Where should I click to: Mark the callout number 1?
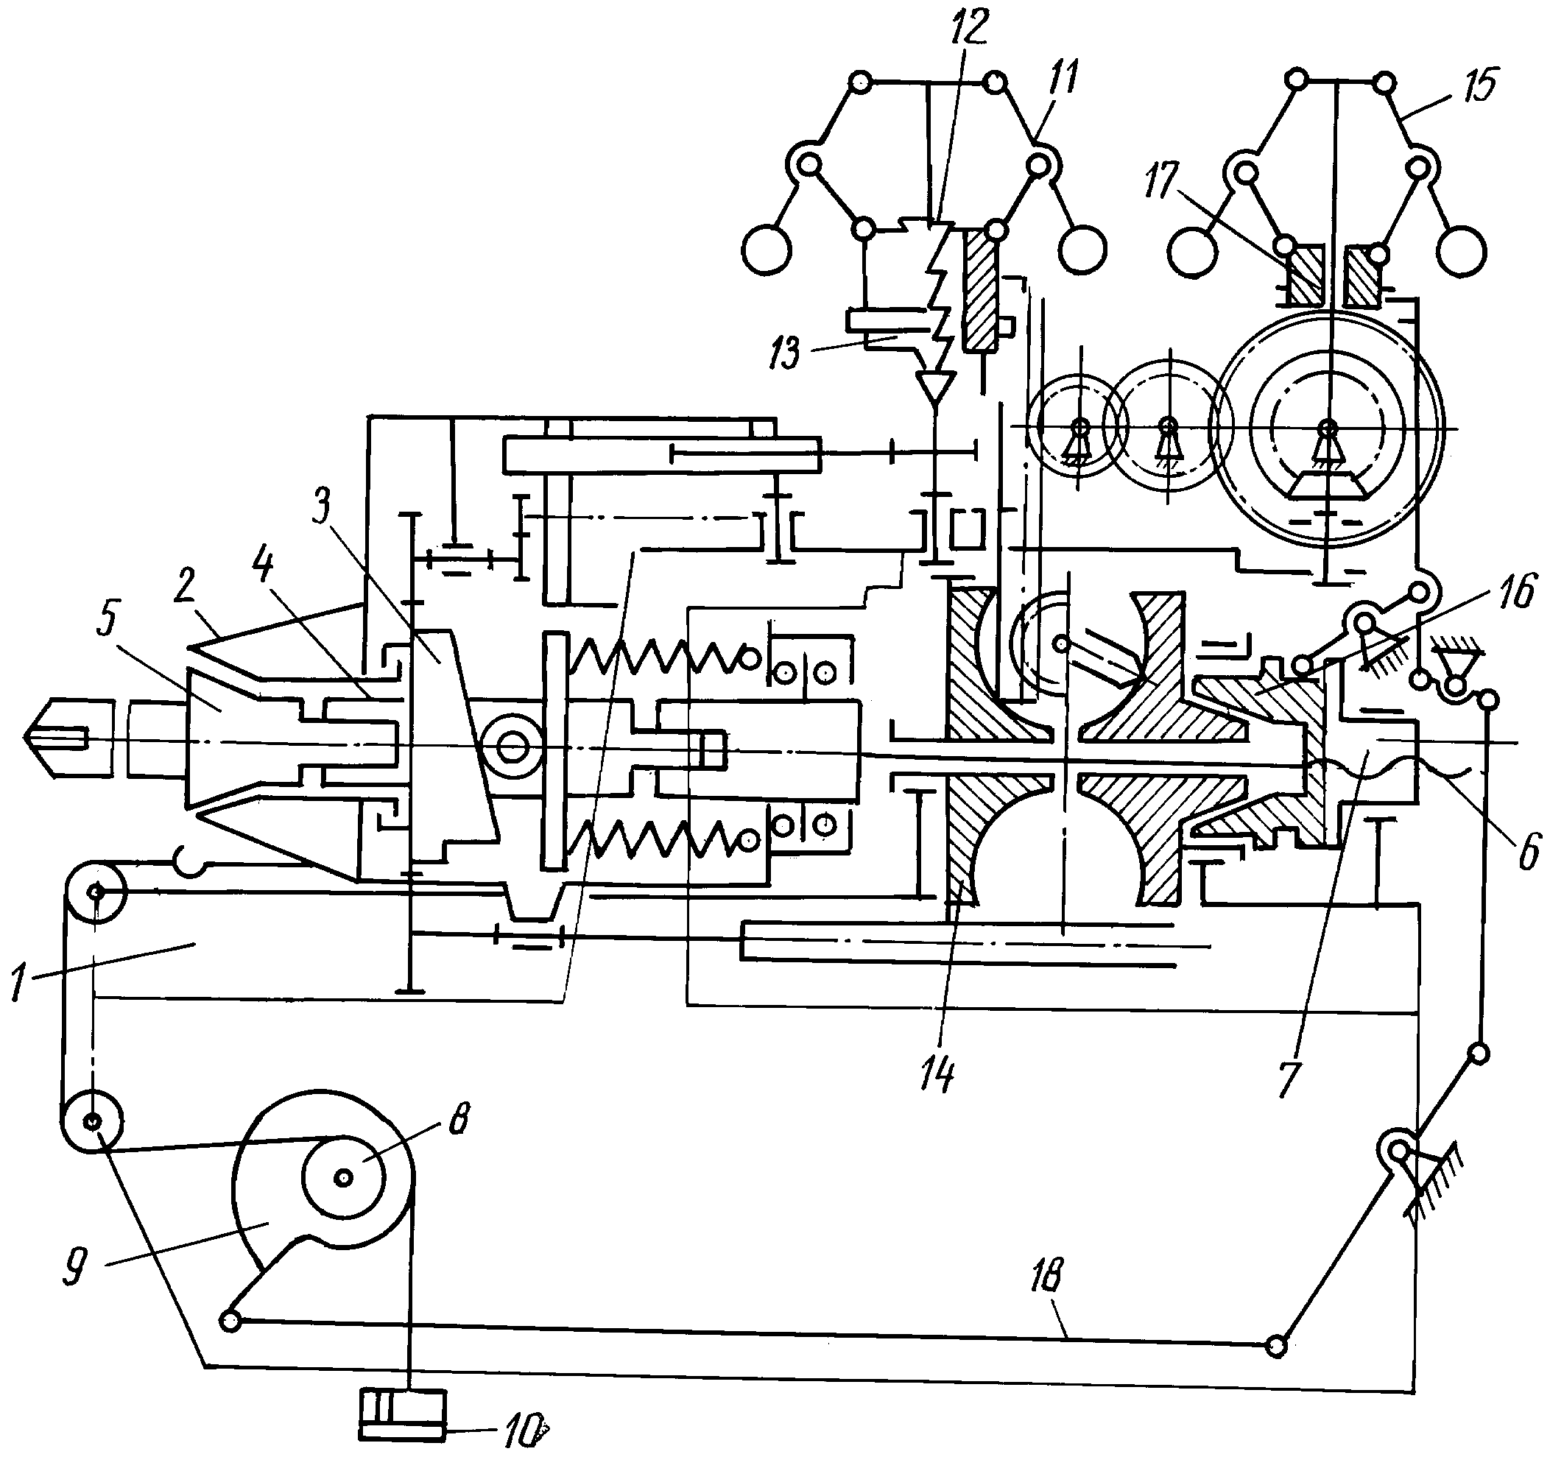coord(18,982)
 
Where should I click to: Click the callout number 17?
coord(1160,181)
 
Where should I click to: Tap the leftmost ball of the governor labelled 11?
coord(767,250)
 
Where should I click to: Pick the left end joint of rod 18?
coord(230,1320)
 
